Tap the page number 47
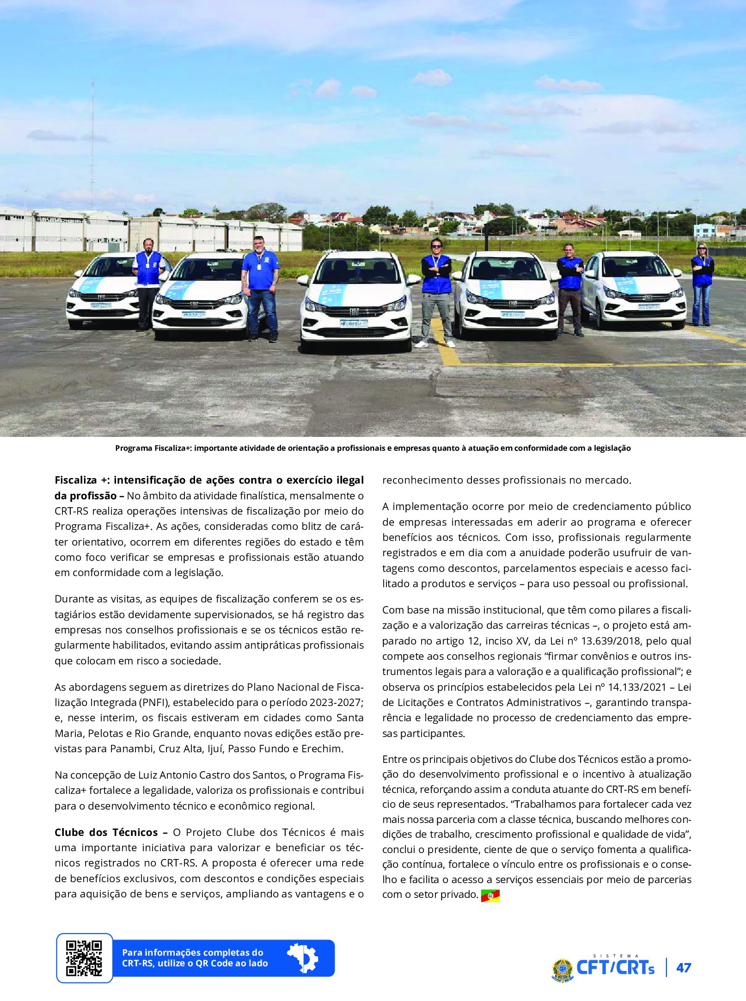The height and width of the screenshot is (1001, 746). tap(684, 968)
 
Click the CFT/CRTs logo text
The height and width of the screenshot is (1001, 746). tap(615, 967)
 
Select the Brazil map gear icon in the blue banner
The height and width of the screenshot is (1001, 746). tap(303, 958)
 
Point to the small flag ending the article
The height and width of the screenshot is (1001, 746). tap(490, 896)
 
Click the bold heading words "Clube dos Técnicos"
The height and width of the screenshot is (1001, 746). tap(106, 832)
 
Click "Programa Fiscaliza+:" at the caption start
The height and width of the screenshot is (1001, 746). tap(153, 448)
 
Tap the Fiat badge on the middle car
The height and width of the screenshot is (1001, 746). tap(354, 312)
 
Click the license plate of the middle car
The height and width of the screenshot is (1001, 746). tap(354, 323)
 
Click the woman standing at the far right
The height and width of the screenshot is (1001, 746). tap(702, 283)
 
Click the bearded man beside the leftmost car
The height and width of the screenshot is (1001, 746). tap(148, 282)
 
